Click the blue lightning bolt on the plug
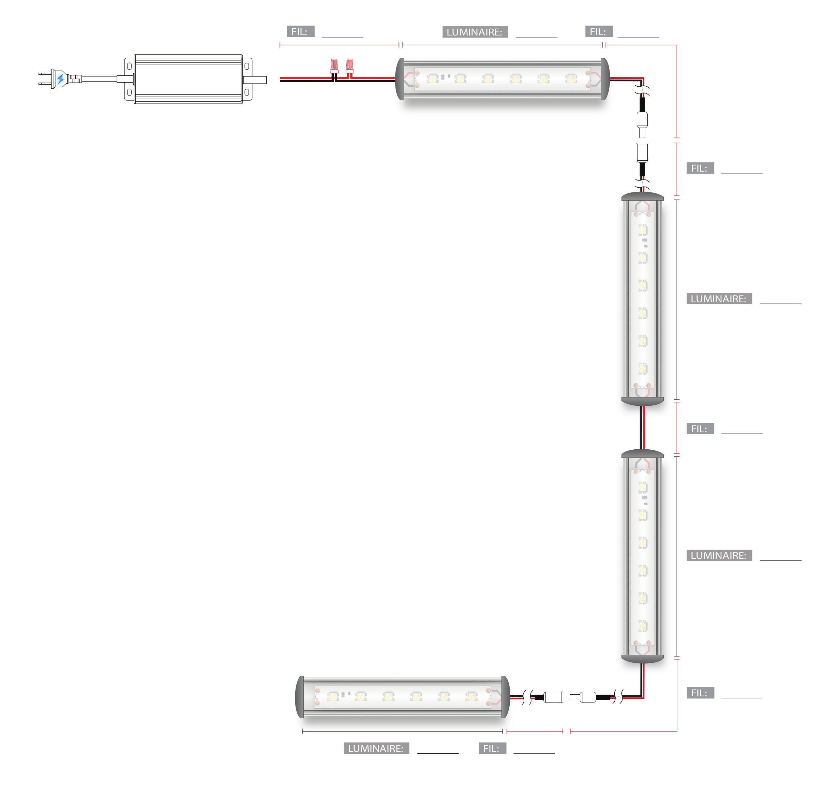61,79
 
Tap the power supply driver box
188,79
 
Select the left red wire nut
334,66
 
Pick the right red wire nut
349,66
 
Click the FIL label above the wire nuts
301,32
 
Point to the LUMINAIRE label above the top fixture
475,32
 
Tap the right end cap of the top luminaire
605,79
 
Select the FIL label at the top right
599,32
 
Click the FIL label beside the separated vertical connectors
700,168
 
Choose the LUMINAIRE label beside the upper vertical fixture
719,299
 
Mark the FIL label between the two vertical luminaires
700,429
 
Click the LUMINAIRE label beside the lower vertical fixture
719,555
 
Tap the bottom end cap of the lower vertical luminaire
642,658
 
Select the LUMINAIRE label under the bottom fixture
376,749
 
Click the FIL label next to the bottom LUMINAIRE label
492,749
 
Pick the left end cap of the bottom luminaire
300,697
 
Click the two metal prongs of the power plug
44,79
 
